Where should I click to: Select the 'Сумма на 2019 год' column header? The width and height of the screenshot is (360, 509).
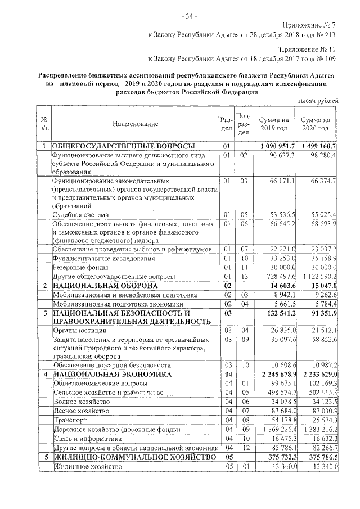click(x=274, y=124)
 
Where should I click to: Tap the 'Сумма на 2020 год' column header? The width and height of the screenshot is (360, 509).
click(x=315, y=124)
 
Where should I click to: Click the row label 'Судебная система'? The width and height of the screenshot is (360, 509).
click(x=80, y=215)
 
